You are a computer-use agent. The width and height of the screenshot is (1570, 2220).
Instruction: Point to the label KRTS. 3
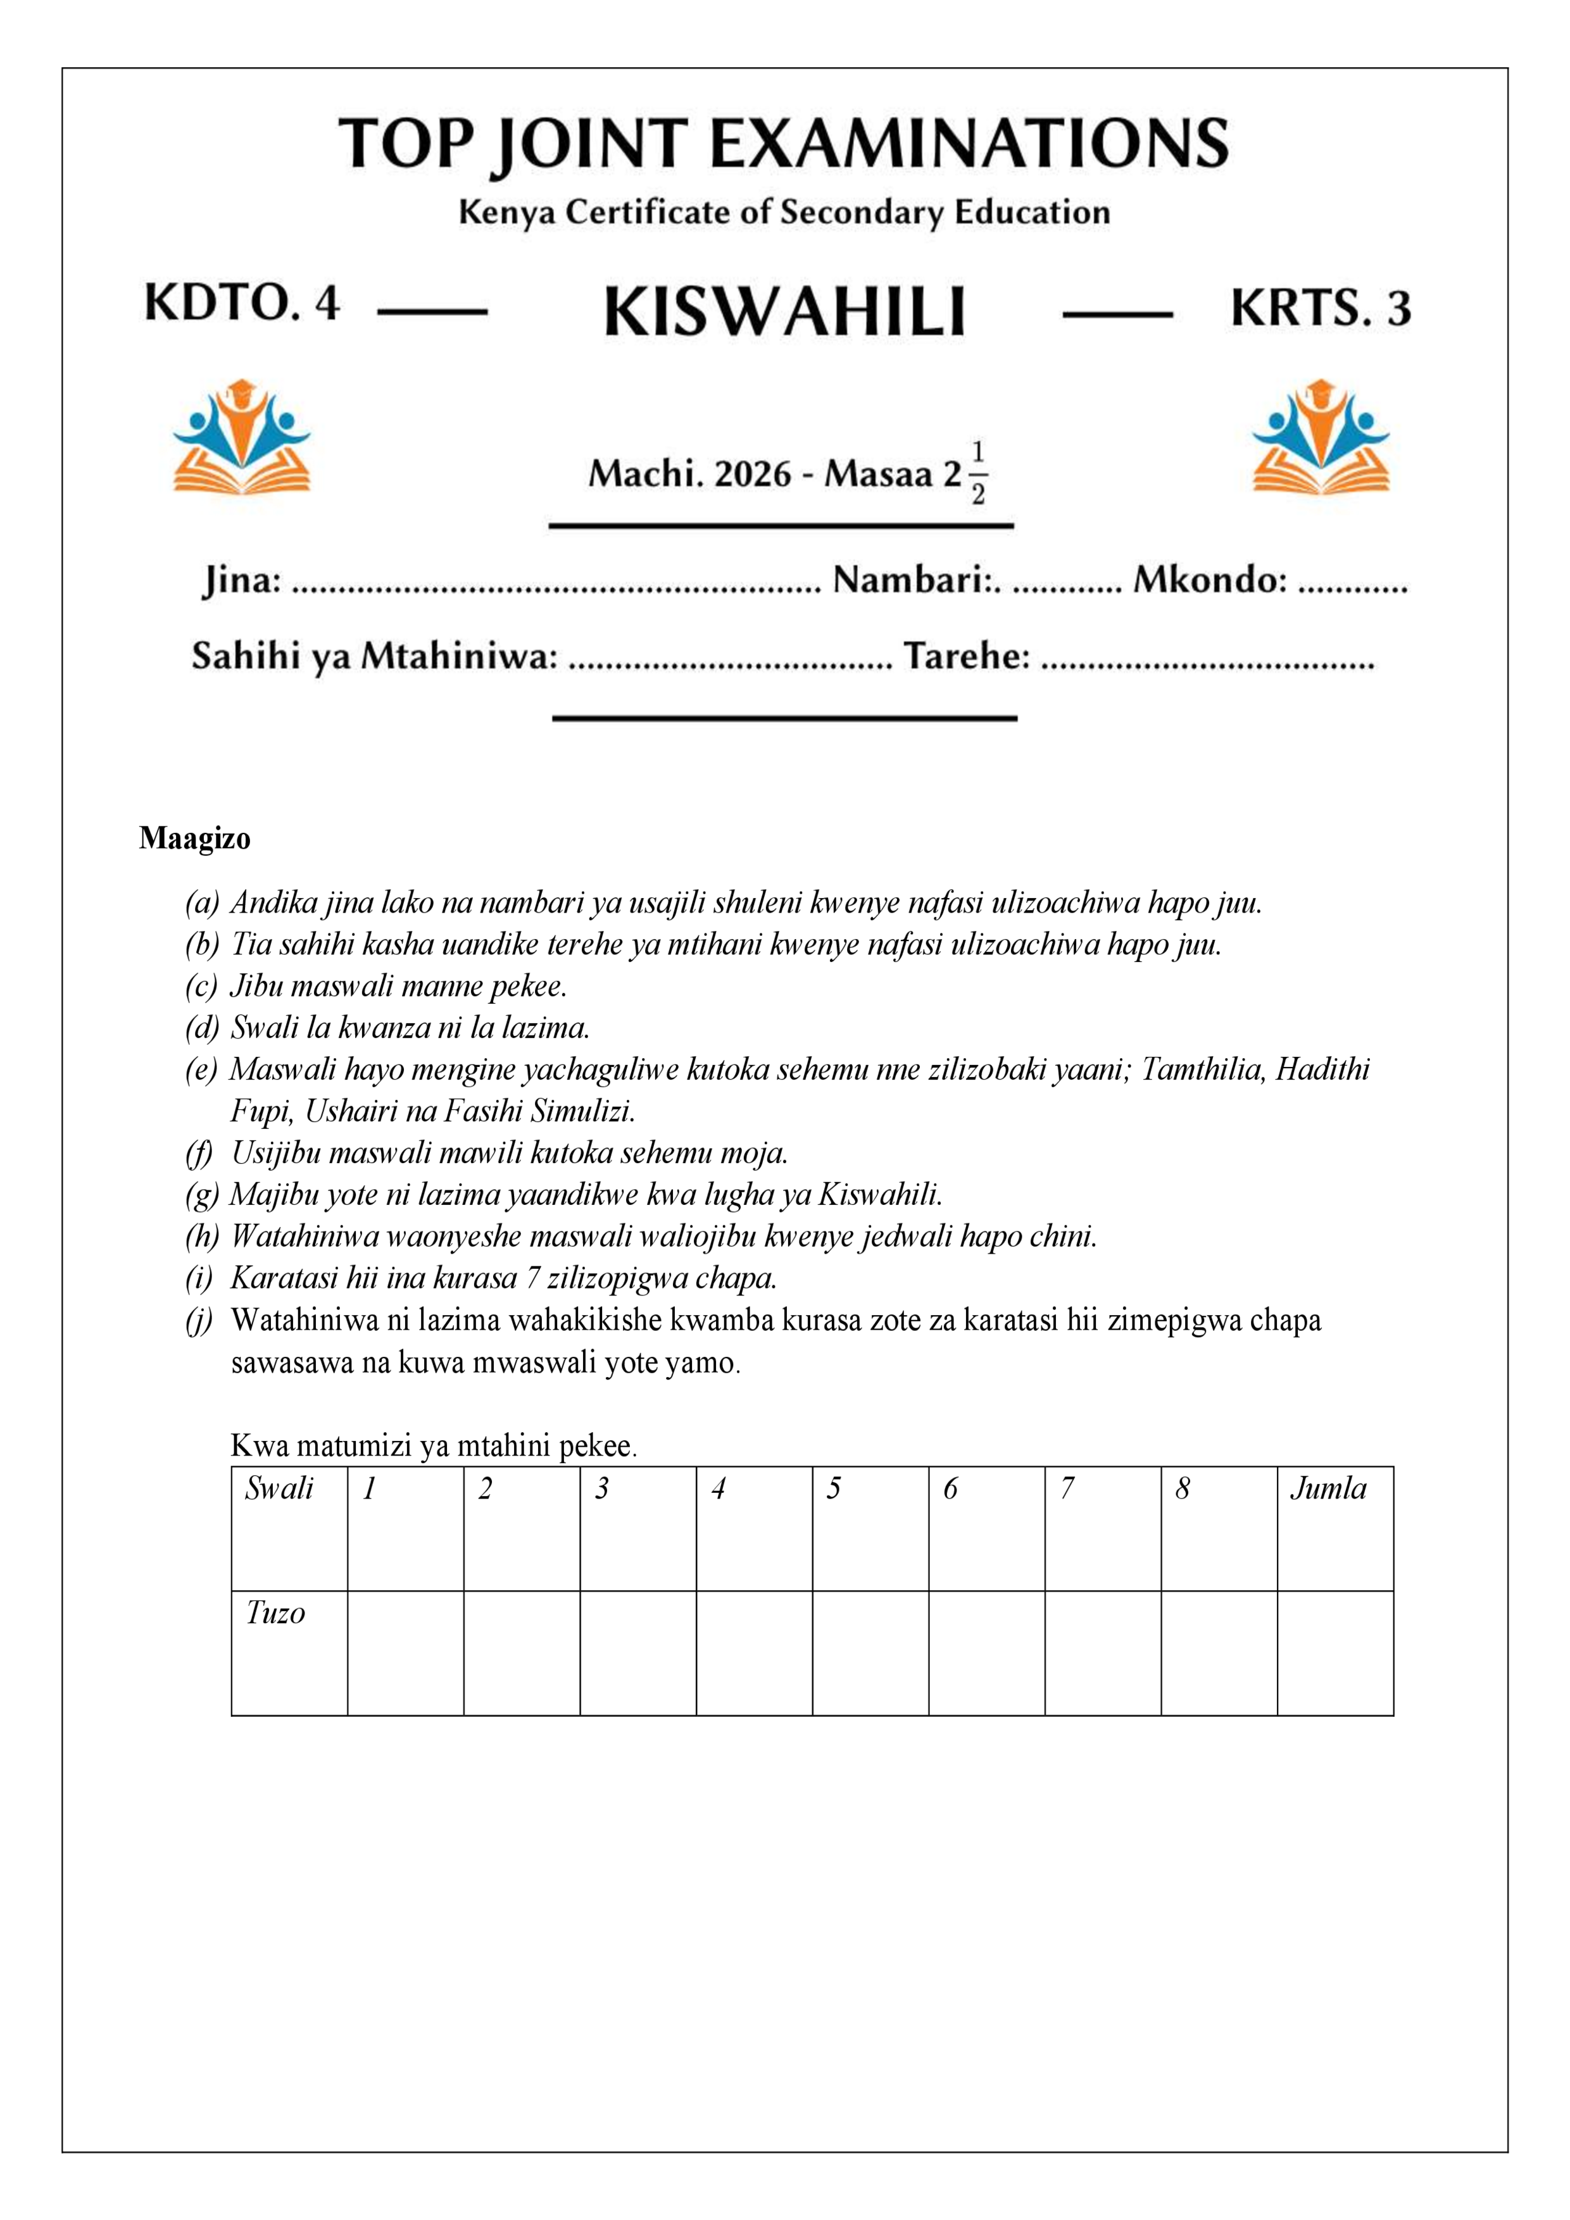point(1321,308)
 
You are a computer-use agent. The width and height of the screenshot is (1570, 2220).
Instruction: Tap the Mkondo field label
point(1209,580)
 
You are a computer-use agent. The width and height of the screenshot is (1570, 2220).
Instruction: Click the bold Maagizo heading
point(194,839)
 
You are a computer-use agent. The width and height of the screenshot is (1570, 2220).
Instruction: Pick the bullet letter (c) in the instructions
point(201,986)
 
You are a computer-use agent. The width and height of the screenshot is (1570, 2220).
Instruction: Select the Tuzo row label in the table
point(275,1612)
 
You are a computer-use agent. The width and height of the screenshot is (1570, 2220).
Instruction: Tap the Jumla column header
point(1328,1488)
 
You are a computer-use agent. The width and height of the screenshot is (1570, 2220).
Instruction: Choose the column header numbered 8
point(1182,1488)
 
